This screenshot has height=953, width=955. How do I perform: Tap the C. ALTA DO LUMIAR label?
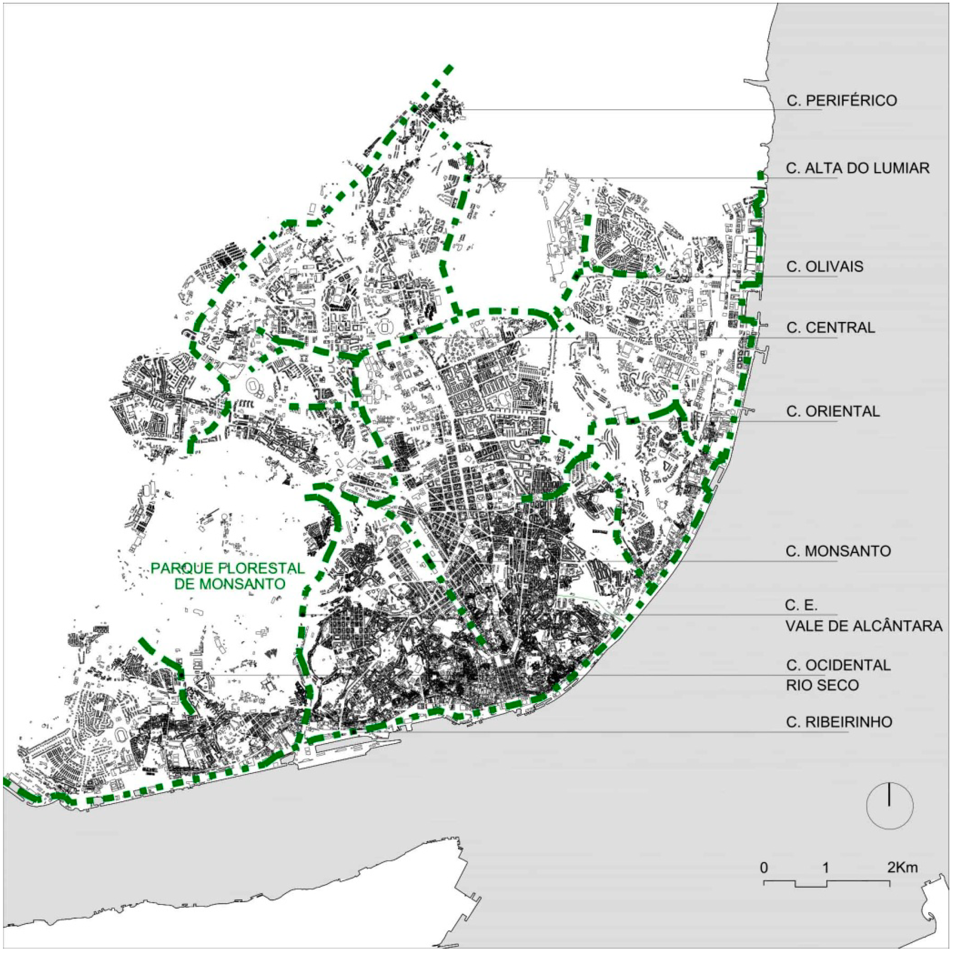point(857,168)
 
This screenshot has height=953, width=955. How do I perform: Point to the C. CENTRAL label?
point(831,328)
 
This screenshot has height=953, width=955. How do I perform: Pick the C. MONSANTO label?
point(838,551)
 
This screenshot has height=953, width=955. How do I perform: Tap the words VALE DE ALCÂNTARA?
point(864,626)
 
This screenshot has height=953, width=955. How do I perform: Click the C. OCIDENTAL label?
point(838,665)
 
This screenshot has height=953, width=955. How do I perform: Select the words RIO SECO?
point(822,686)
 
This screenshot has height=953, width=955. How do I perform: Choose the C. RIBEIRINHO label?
point(839,722)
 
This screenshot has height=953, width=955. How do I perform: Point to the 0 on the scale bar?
point(764,868)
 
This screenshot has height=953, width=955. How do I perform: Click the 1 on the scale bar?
point(826,868)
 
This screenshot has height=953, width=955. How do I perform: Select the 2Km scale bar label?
point(903,868)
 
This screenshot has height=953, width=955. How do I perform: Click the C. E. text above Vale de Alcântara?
point(801,606)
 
